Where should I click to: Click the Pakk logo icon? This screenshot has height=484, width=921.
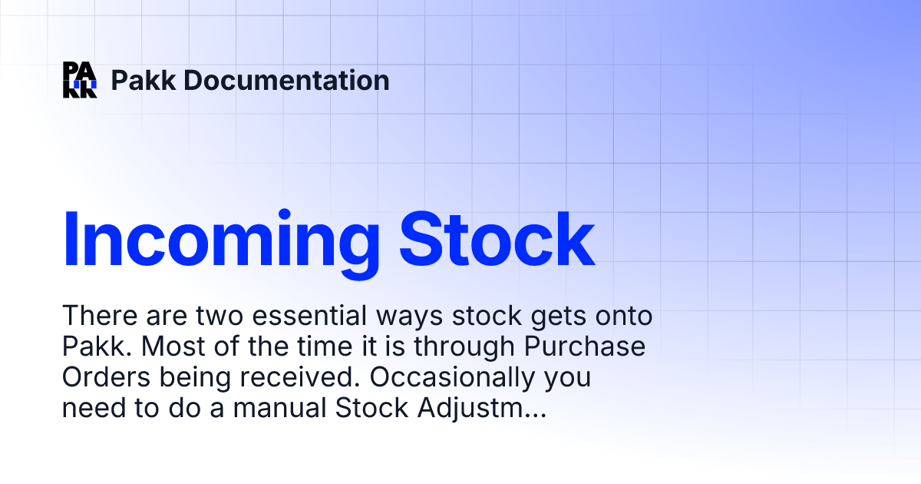(80, 80)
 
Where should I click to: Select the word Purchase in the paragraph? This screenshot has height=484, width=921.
(585, 347)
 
